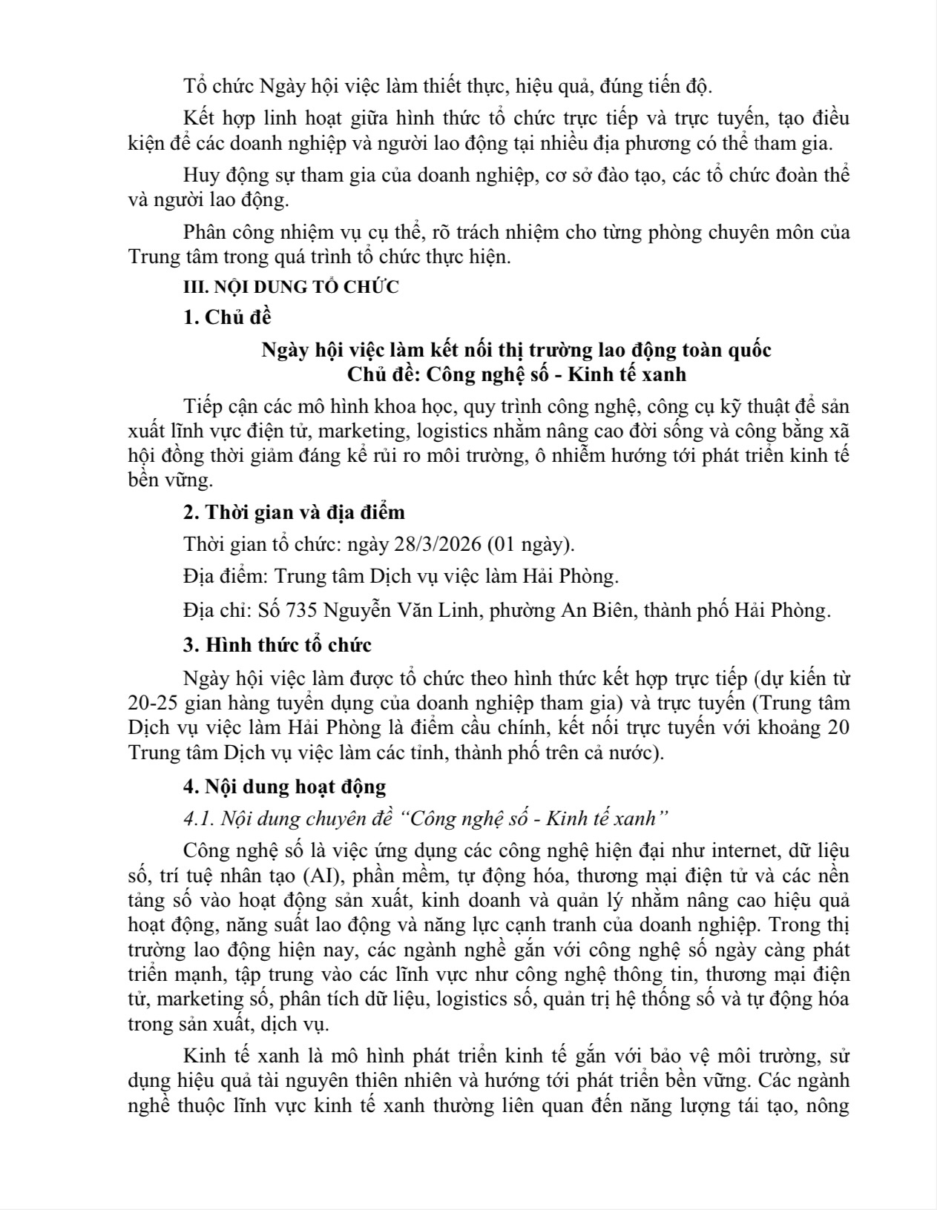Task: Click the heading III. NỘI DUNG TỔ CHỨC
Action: tap(291, 287)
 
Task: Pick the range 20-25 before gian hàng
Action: tap(151, 703)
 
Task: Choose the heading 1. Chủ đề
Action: tap(227, 317)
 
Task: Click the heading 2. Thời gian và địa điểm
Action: tap(294, 512)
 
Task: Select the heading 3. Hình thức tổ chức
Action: tap(277, 645)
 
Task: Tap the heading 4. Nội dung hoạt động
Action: tap(285, 787)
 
